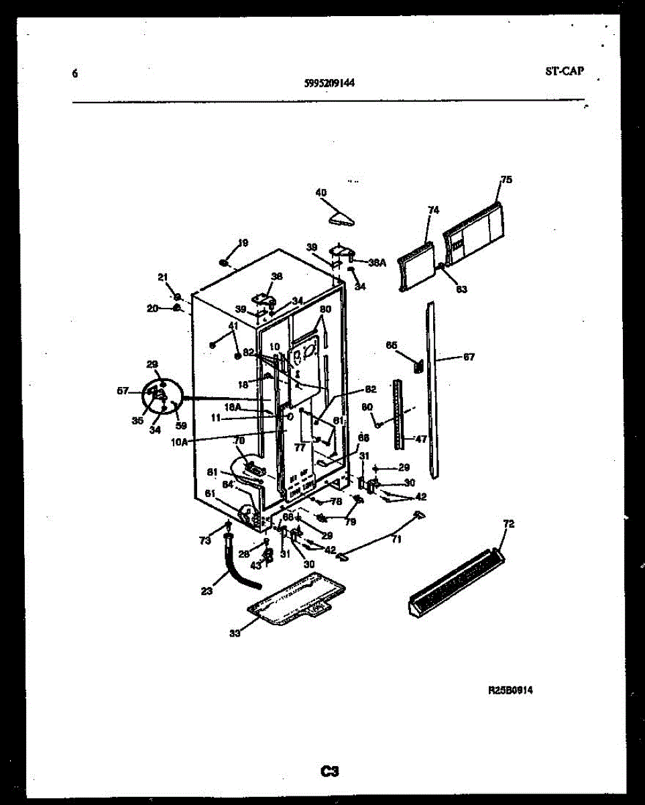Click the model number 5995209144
pos(329,84)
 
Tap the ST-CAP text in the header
pos(564,71)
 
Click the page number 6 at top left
pos(75,74)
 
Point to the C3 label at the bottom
pos(329,771)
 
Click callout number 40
pos(321,193)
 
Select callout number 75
pos(506,180)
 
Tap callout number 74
pos(433,211)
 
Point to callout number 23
pos(207,591)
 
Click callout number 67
pos(469,358)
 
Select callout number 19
pos(243,243)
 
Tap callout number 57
pos(123,390)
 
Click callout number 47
pos(420,439)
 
